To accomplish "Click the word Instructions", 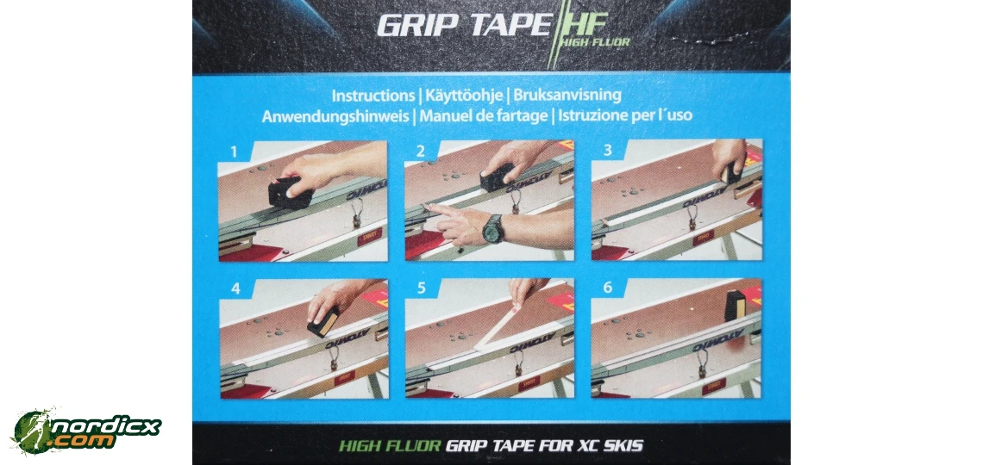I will pos(373,96).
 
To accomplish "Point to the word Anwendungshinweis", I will pos(337,115).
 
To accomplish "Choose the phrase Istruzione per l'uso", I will pos(625,115).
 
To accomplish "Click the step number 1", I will pos(233,152).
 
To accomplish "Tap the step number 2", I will pos(420,152).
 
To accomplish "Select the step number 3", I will pos(607,152).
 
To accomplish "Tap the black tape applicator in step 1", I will pos(290,192).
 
